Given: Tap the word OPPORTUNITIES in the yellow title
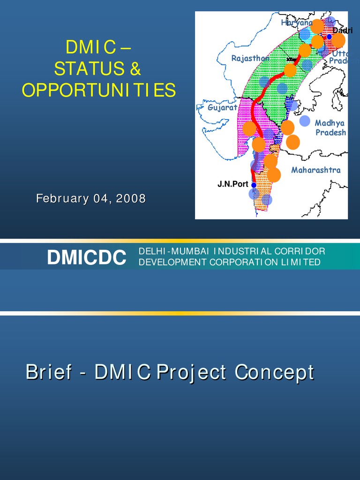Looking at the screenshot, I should [99, 90].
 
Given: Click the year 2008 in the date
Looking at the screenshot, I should [131, 199].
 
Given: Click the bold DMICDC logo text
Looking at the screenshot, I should [86, 257].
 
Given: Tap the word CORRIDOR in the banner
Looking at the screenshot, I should [299, 252].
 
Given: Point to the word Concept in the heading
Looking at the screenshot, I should [274, 373].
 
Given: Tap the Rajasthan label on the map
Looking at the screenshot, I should [250, 58].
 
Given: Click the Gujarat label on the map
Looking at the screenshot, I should [222, 107].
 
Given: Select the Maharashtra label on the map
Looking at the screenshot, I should [315, 170].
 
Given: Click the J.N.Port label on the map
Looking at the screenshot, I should [232, 184].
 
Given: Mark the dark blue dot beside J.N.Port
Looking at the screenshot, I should [254, 185].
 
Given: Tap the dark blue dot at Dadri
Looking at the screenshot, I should [330, 37].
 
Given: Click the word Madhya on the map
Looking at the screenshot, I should [329, 123].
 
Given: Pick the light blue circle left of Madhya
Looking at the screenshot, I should [305, 121].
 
